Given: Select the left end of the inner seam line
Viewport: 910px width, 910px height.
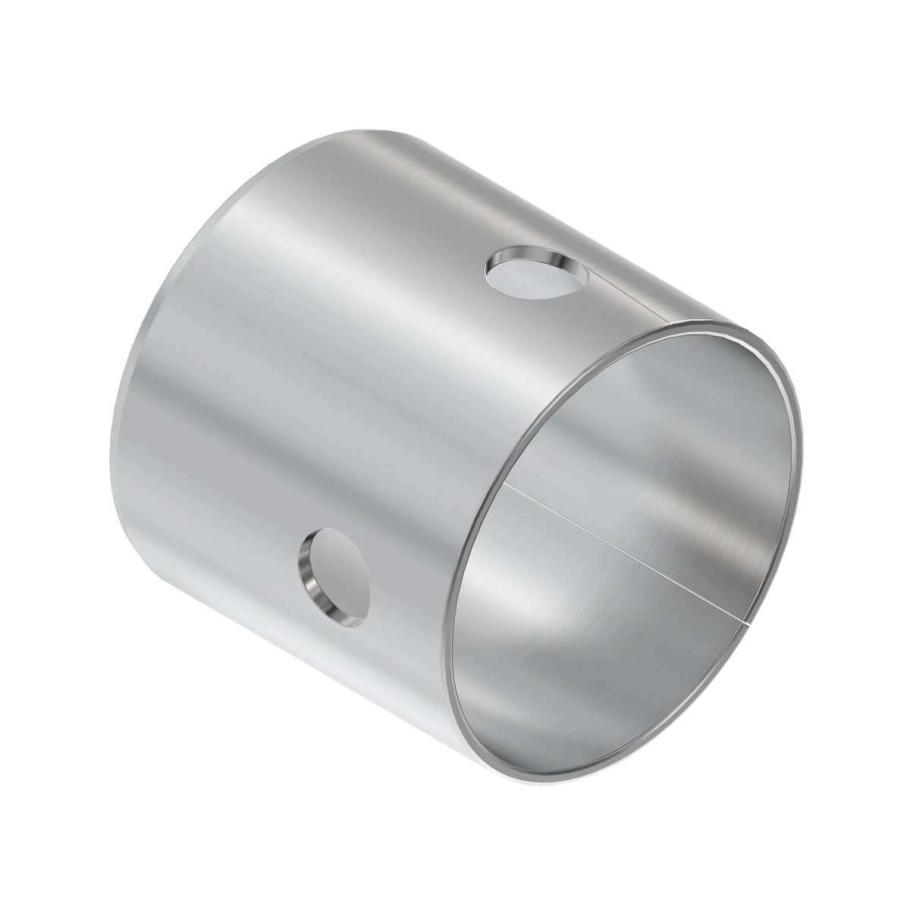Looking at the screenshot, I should [x=507, y=486].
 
